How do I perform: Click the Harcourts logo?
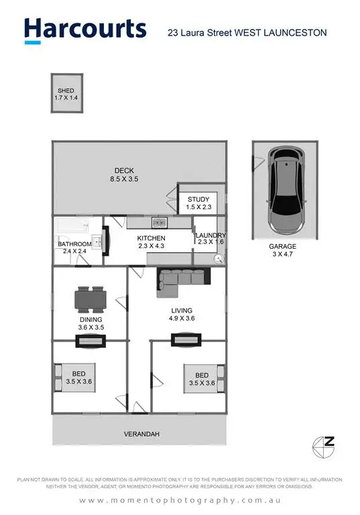(84, 30)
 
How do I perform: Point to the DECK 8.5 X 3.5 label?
(124, 174)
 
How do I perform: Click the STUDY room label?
(199, 203)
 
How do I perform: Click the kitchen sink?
(159, 223)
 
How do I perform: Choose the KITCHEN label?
(151, 242)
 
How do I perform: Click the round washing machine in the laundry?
(218, 259)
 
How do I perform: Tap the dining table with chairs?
(90, 300)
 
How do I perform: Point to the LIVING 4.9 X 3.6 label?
(182, 314)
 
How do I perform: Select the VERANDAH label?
(141, 435)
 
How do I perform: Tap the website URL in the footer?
(180, 501)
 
